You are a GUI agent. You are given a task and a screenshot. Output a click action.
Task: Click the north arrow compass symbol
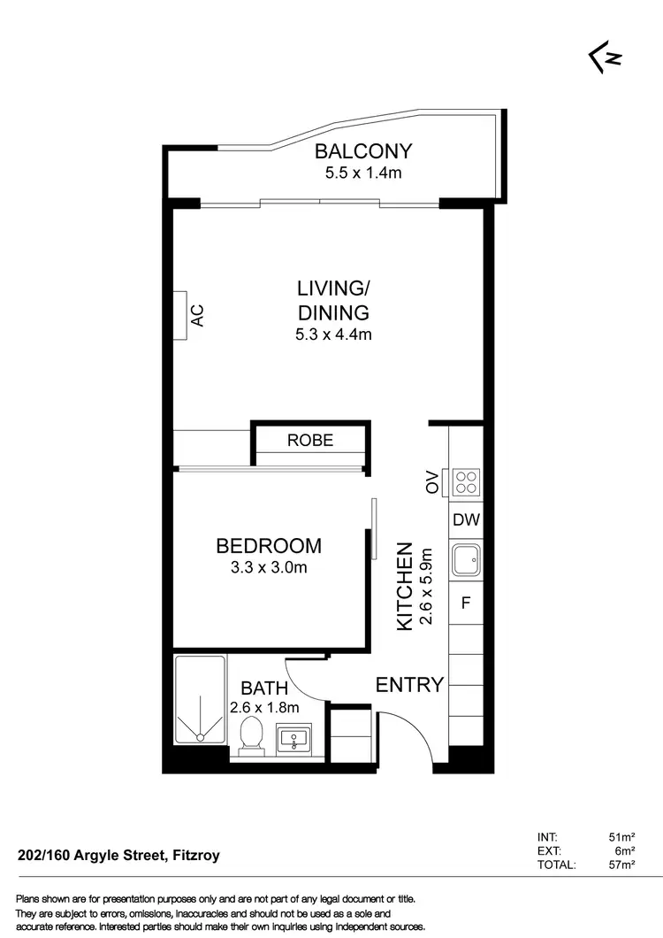click(606, 58)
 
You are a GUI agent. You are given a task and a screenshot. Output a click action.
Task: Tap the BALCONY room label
click(363, 151)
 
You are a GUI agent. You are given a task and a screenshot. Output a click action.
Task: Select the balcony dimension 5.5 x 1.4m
click(363, 173)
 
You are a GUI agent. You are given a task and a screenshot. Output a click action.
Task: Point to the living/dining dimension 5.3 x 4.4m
click(332, 334)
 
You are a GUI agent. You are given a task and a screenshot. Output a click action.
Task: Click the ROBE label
click(310, 440)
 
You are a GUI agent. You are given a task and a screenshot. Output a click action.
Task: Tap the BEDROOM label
click(270, 546)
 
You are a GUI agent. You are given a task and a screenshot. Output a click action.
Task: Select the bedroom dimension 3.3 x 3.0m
click(270, 567)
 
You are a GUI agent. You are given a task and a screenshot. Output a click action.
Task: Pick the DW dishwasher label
click(466, 520)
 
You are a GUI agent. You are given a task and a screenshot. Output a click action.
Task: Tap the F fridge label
click(466, 605)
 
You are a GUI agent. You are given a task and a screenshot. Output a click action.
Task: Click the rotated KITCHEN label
click(405, 586)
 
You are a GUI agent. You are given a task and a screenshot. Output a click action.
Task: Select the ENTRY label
click(409, 684)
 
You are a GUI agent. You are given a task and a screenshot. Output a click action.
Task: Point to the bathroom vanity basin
click(293, 738)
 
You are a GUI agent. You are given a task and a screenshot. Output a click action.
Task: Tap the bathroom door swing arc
click(305, 686)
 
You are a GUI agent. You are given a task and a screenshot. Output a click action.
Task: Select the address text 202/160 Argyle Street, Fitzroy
click(118, 856)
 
